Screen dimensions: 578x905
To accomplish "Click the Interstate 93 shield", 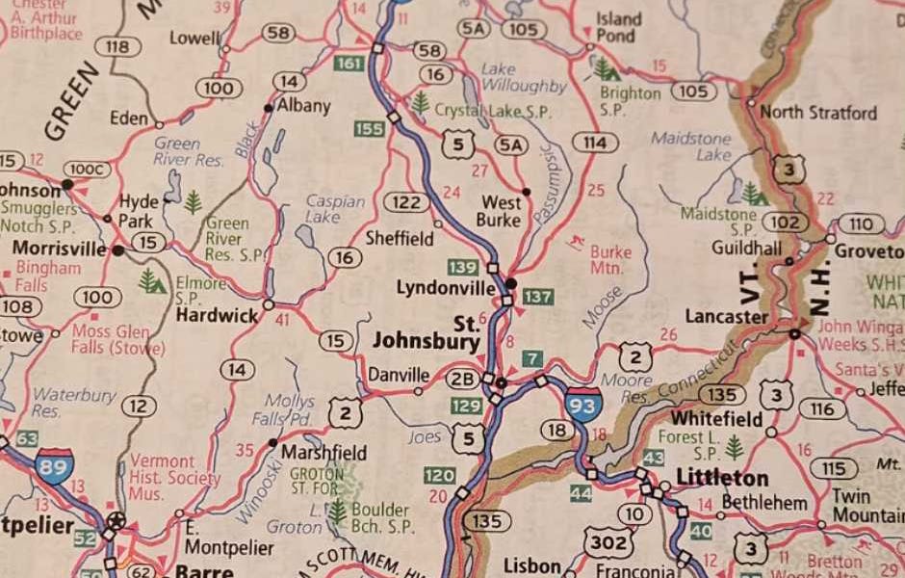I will click(583, 404).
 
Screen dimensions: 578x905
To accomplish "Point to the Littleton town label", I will click(722, 478).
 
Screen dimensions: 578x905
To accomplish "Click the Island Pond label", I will click(619, 27).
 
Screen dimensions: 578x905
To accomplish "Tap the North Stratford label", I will click(817, 113).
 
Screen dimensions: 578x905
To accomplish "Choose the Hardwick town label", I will click(217, 316).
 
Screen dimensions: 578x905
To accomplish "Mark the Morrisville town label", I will click(59, 249).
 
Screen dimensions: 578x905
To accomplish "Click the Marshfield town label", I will click(323, 452).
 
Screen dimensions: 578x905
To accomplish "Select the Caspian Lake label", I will click(334, 209).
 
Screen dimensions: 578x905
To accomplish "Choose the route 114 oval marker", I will click(594, 144).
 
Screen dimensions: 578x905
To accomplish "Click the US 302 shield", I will click(608, 543).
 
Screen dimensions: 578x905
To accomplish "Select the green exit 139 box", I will click(463, 267).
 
